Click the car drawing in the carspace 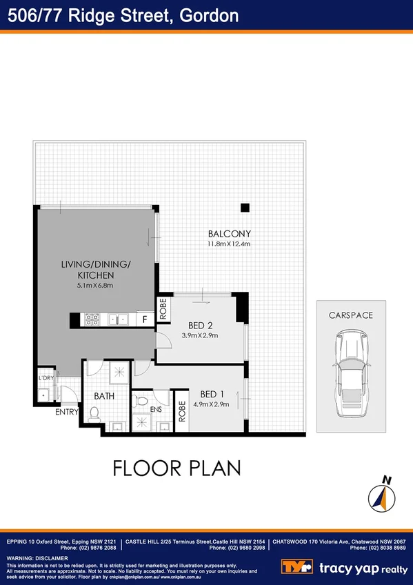(x=351, y=373)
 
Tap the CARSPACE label (x=351, y=315)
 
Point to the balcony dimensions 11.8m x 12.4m (x=229, y=244)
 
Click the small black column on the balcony (x=244, y=208)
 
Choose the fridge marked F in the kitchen (x=145, y=319)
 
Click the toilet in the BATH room (x=95, y=413)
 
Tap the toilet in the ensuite (x=142, y=401)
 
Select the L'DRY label (x=46, y=379)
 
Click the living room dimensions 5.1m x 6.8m (x=95, y=285)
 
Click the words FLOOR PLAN (x=177, y=468)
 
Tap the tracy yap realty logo (x=345, y=567)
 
